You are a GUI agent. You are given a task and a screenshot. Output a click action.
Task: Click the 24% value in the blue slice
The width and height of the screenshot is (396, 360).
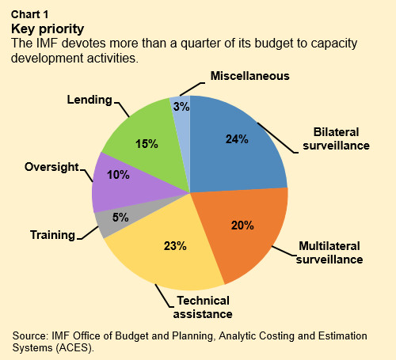(x=237, y=139)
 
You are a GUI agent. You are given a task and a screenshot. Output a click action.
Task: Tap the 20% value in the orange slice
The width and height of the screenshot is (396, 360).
(x=241, y=225)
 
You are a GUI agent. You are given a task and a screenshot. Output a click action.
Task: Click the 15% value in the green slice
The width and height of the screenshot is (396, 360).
(x=147, y=144)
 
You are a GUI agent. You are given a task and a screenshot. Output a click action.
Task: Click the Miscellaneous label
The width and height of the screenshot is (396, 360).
(x=249, y=76)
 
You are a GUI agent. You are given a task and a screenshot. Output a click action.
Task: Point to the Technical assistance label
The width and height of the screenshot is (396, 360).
(x=202, y=306)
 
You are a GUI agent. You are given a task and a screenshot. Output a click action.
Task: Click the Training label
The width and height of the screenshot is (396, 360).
(x=52, y=235)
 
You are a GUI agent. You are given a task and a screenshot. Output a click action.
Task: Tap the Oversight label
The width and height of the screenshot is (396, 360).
(x=51, y=167)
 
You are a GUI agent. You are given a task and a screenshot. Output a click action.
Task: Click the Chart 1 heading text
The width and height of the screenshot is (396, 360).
(x=29, y=14)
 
